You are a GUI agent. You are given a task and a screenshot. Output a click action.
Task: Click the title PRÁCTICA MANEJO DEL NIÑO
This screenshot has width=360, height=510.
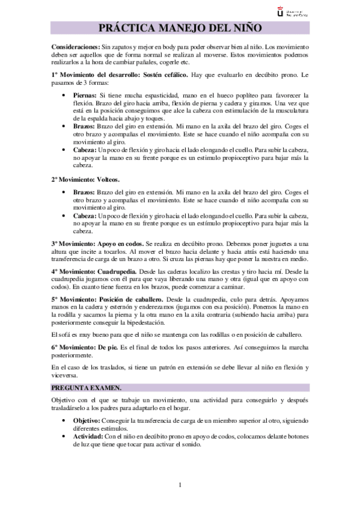(180, 28)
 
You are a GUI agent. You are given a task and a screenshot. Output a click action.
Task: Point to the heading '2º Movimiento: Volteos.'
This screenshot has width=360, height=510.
(85, 179)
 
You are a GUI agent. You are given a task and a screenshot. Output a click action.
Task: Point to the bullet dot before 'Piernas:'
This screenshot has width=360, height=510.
(64, 96)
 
